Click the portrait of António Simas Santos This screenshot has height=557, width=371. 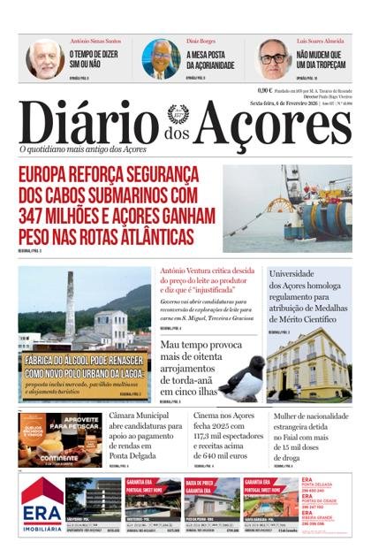click(x=44, y=58)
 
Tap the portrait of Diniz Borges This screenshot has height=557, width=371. click(x=161, y=58)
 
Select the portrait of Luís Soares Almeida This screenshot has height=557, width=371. click(x=275, y=58)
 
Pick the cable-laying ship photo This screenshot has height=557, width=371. click(x=287, y=209)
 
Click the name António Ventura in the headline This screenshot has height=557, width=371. click(x=188, y=271)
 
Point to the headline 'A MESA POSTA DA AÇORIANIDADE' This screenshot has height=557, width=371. click(x=208, y=59)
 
